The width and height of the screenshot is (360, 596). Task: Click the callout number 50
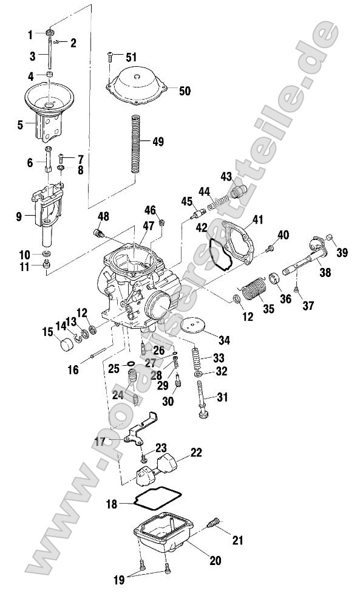click(184, 91)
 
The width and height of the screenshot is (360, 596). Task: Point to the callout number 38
click(325, 273)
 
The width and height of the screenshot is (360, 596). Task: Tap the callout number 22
click(196, 453)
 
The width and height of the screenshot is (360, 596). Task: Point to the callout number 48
click(104, 217)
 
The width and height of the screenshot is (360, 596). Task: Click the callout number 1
click(30, 33)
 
